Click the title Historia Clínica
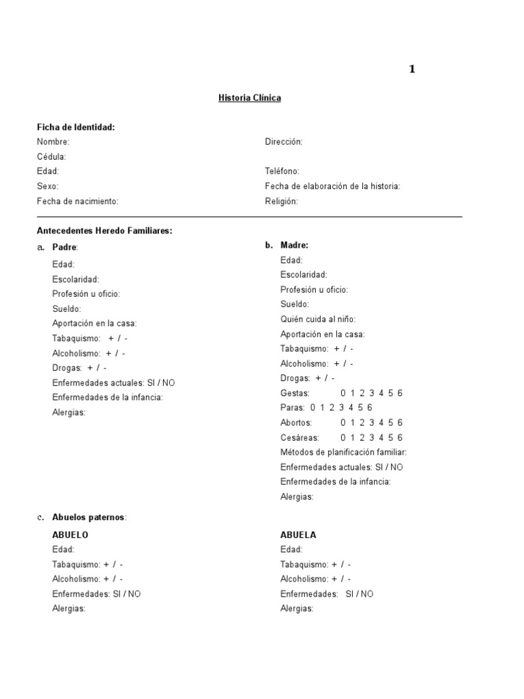coord(249,98)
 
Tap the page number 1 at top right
coord(412,69)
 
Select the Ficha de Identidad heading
coord(76,127)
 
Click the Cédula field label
coord(51,156)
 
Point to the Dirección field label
coord(284,141)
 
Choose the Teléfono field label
coord(282,171)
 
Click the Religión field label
coord(281,201)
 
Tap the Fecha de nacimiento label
coord(78,201)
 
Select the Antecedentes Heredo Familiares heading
coord(104,231)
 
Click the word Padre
coord(65,246)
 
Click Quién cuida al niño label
coord(318,319)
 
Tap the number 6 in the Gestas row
coord(400,393)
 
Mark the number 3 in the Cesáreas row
coord(371,438)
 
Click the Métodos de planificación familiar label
coord(343,452)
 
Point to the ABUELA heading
coord(298,535)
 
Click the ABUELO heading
coord(70,535)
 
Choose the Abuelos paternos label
coord(89,517)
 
